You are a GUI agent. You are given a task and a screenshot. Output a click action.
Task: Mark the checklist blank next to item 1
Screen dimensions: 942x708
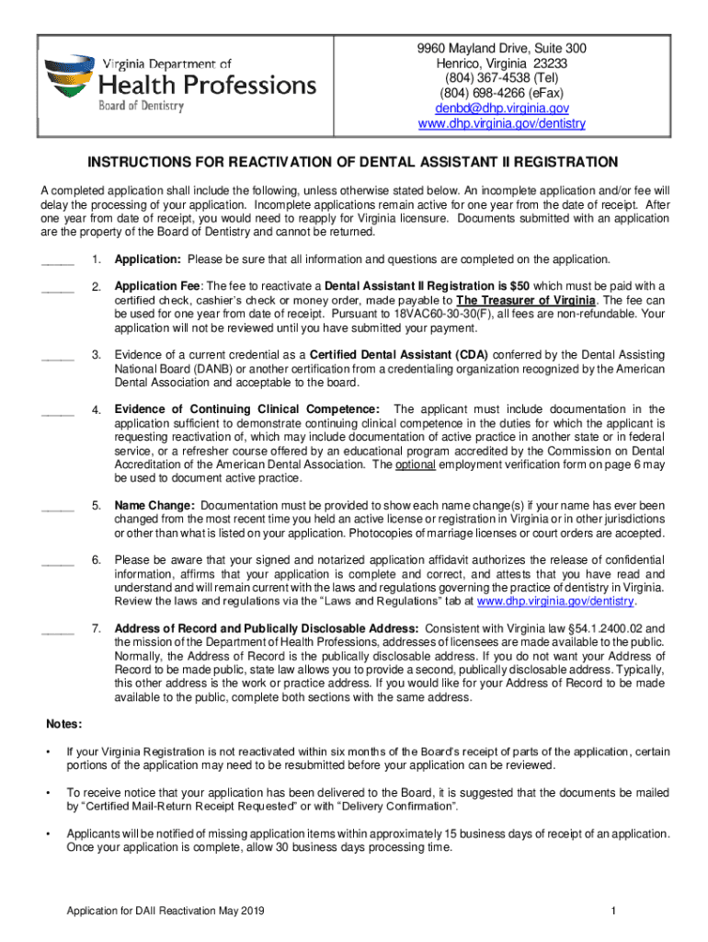click(58, 261)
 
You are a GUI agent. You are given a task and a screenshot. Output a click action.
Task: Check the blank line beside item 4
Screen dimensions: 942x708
click(58, 410)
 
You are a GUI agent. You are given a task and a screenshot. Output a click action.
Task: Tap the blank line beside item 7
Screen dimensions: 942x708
click(58, 630)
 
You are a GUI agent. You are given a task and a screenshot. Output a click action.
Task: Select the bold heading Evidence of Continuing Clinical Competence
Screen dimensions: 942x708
click(246, 409)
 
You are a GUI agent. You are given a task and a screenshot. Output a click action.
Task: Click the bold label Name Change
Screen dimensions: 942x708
click(154, 506)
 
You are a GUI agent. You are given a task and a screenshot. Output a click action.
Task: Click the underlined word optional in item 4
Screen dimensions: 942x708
click(415, 465)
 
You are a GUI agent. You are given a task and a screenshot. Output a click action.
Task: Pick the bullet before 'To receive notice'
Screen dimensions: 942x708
click(48, 793)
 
